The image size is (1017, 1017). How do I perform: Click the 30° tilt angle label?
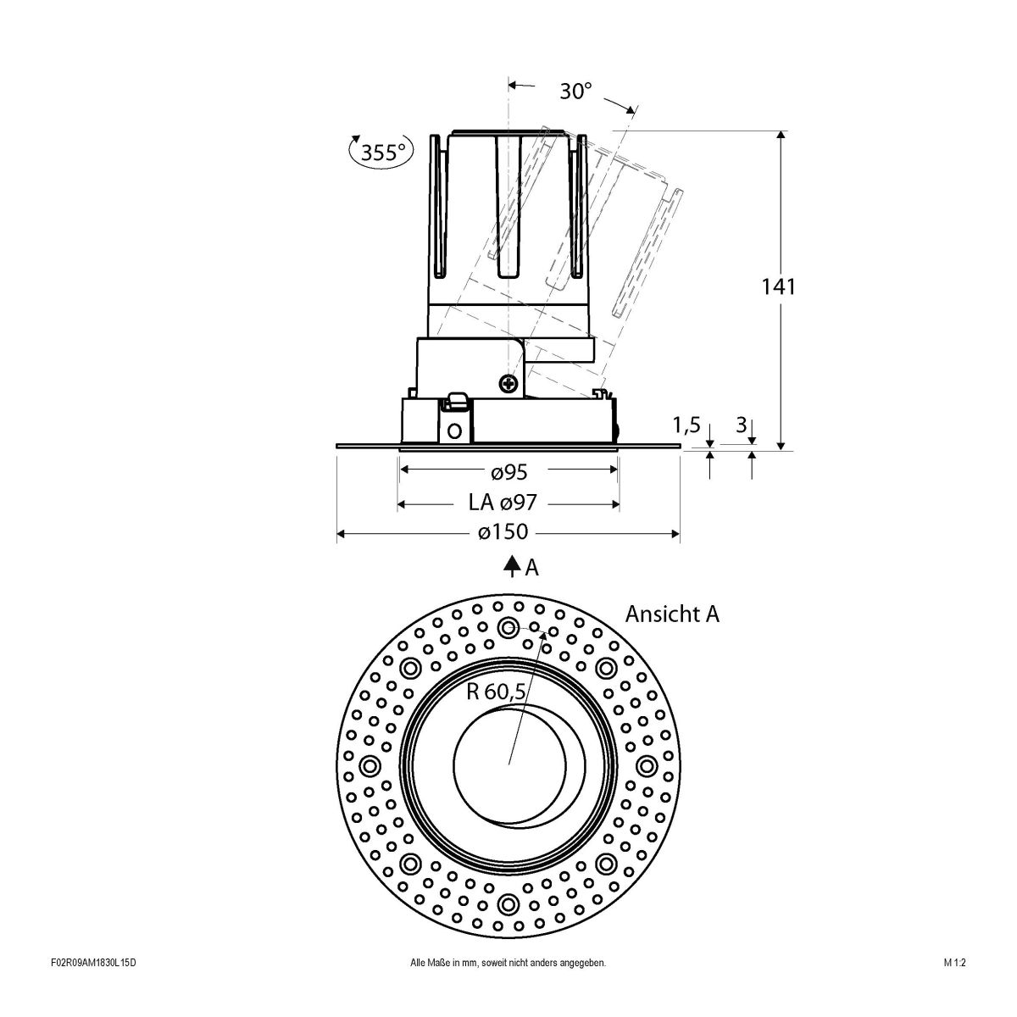(575, 91)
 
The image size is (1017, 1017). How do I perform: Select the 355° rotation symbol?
(381, 153)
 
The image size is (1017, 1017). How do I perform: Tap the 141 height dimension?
(780, 286)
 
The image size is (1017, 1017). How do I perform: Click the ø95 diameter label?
(509, 470)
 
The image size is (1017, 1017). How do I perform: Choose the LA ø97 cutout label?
(502, 503)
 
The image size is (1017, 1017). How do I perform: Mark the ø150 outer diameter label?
(503, 532)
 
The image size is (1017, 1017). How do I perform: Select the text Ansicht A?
(672, 614)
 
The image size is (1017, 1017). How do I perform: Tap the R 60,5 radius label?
(497, 691)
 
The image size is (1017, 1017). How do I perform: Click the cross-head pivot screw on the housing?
(509, 384)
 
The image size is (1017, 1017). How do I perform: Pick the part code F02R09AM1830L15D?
(93, 986)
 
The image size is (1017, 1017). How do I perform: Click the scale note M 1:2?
(954, 986)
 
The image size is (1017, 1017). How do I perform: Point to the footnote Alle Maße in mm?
(508, 986)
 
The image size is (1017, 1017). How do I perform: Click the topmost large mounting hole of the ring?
(508, 627)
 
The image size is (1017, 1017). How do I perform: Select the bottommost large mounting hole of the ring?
(508, 903)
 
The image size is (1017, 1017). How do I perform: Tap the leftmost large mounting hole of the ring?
(370, 766)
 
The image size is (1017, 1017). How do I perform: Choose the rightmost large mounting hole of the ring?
(647, 766)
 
